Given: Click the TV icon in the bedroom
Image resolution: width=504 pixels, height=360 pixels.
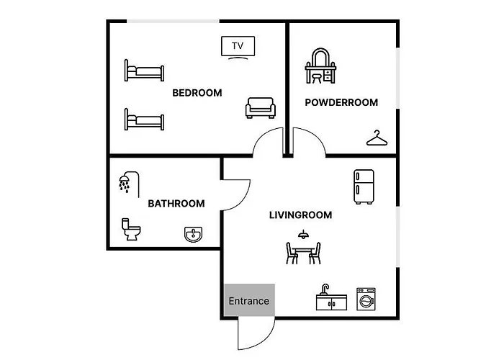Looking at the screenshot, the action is [x=238, y=48].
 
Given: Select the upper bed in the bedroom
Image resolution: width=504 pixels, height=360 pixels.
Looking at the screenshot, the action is [x=144, y=71].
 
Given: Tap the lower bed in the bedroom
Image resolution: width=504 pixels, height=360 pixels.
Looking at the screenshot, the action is [x=144, y=120].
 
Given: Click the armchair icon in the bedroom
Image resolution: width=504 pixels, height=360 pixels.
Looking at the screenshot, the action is [x=261, y=108].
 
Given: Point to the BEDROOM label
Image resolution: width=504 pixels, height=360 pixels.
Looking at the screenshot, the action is [x=197, y=93].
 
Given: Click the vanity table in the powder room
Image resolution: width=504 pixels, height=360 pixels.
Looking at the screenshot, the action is [x=320, y=66].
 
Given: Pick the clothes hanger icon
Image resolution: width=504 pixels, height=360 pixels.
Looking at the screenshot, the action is [x=377, y=138].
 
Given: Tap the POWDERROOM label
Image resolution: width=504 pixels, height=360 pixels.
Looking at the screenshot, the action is [x=341, y=102].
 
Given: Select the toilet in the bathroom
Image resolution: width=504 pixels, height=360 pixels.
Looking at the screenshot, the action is [x=131, y=229].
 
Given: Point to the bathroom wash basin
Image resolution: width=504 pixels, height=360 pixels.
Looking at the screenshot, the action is [x=194, y=234].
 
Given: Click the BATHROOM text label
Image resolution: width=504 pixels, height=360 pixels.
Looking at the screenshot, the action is [x=176, y=204].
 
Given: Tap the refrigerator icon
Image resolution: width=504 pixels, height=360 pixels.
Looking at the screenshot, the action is [x=364, y=186].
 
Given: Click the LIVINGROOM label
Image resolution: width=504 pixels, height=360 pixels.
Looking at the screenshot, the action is [x=300, y=215].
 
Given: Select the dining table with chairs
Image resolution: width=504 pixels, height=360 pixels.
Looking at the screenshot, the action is [x=303, y=253].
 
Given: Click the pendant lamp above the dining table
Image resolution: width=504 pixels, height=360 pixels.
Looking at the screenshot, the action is [x=302, y=234].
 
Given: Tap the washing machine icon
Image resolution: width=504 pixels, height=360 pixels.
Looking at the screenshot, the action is [x=366, y=299].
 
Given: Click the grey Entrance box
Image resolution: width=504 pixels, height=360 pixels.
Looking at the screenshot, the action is [x=249, y=300].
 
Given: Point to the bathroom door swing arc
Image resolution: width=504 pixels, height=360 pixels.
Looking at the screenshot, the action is [x=243, y=202].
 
